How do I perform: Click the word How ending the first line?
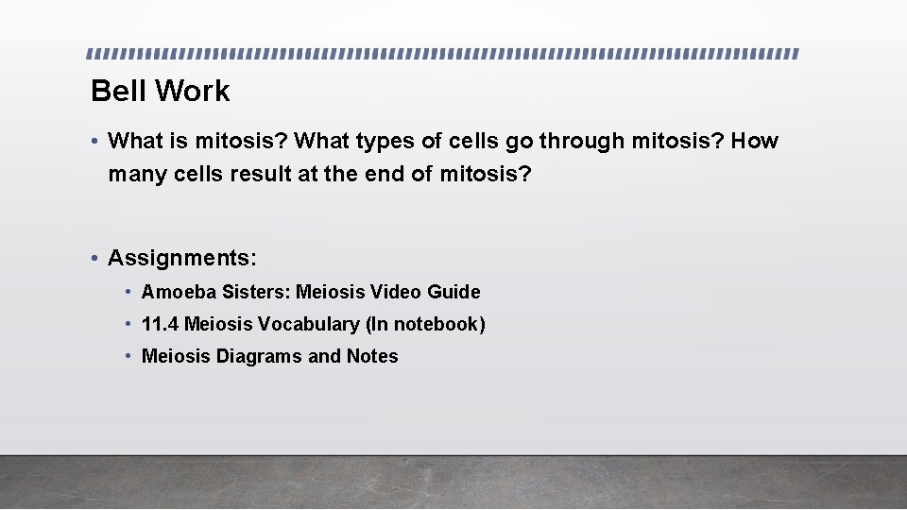755,142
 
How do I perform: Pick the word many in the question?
137,175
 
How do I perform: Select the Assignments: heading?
182,258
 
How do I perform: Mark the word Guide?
453,292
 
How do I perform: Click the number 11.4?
160,324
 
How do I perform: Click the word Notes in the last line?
372,356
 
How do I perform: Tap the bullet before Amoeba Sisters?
128,292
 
